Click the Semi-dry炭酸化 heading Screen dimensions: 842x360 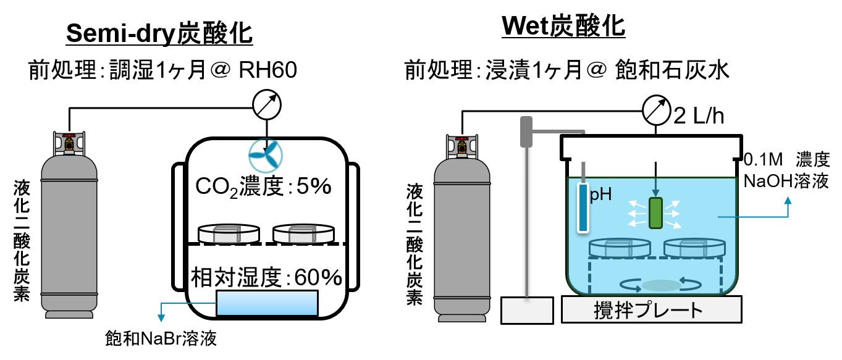click(159, 33)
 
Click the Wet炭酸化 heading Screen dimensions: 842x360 click(563, 26)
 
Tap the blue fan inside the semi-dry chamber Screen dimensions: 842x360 click(266, 155)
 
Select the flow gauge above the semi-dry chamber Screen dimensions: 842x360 click(267, 104)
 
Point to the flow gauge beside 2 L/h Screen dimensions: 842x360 click(656, 111)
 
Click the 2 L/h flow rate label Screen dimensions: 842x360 click(699, 115)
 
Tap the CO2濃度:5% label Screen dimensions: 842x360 click(264, 186)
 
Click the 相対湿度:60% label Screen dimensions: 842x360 click(266, 277)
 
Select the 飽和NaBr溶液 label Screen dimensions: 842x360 click(161, 338)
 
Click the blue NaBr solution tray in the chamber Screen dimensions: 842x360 click(267, 303)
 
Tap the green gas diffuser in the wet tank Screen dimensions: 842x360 click(655, 213)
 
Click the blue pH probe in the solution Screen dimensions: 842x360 click(583, 207)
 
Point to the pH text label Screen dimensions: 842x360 click(600, 195)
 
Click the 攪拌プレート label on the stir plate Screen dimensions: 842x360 click(649, 311)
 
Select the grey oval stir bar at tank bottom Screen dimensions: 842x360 click(661, 285)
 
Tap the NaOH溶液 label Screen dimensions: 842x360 click(786, 181)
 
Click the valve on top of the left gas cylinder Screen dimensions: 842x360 click(69, 143)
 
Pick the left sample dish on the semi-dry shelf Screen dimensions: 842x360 click(229, 233)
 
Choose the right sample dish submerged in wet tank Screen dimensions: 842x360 click(694, 247)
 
